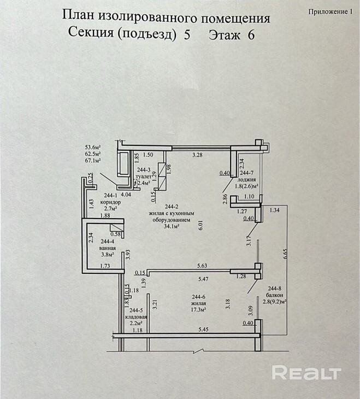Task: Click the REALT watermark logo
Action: pyautogui.click(x=306, y=373)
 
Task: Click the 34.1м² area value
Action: pyautogui.click(x=172, y=228)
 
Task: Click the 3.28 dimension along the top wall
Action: pyautogui.click(x=198, y=156)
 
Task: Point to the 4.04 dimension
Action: pyautogui.click(x=126, y=194)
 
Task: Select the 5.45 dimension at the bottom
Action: pyautogui.click(x=203, y=329)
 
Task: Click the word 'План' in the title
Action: pyautogui.click(x=77, y=17)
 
